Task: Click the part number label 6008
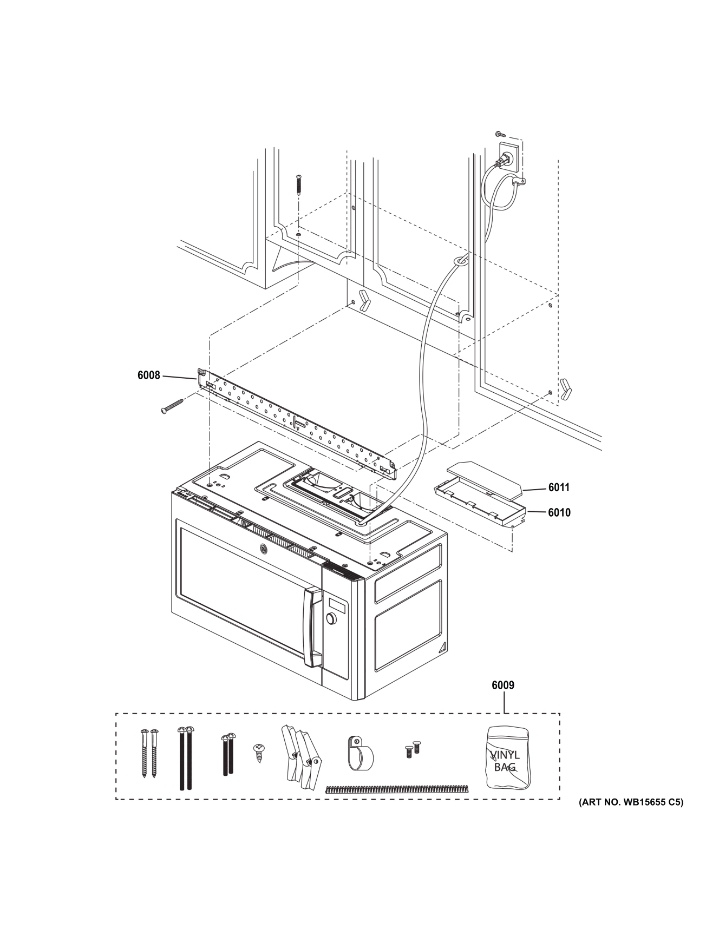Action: click(149, 375)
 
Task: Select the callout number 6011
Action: click(559, 487)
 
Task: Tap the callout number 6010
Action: click(559, 512)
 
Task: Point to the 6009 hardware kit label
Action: click(503, 685)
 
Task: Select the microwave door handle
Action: click(312, 628)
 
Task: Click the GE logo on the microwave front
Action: click(264, 549)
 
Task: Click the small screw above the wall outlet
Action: click(499, 133)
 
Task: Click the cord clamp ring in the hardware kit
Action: click(360, 754)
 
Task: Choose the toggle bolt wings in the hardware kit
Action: click(300, 755)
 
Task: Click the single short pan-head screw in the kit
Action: click(259, 752)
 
